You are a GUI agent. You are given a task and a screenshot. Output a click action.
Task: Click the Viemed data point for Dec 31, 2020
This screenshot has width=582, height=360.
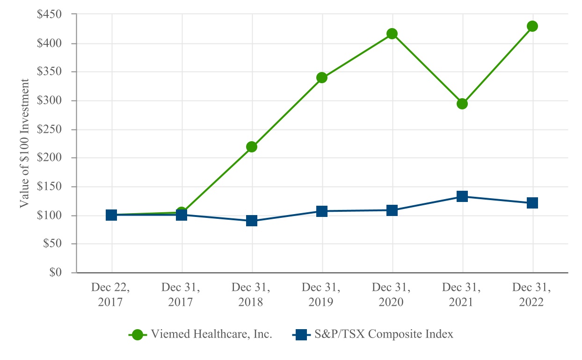[392, 34]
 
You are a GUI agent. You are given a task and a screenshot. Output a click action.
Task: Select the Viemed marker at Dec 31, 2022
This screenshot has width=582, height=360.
[532, 26]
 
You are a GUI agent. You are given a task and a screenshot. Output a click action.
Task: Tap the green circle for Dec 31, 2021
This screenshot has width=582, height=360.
[462, 103]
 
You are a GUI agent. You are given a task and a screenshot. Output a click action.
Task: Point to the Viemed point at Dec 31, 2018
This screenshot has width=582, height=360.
[252, 147]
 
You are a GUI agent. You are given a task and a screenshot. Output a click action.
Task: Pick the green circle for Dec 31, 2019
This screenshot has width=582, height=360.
[322, 78]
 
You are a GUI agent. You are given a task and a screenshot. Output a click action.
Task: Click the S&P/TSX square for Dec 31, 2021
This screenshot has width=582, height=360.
[462, 196]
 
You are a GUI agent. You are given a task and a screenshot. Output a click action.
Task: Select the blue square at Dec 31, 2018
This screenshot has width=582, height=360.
[252, 221]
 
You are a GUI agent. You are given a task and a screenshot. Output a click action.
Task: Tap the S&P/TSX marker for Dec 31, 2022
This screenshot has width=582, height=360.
[532, 203]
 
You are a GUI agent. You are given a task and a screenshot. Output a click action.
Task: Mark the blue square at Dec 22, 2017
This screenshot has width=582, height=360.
[111, 215]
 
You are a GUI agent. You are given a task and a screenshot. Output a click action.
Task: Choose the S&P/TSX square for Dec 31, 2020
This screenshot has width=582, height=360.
[392, 210]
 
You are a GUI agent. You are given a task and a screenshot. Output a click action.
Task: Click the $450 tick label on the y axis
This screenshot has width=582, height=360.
[50, 14]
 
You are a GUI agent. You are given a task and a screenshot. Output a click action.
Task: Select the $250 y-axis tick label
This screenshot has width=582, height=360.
[50, 130]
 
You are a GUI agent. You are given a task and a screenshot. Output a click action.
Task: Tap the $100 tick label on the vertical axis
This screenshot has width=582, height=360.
[50, 216]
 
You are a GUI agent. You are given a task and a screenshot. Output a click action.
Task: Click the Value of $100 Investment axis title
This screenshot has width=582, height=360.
[24, 144]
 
